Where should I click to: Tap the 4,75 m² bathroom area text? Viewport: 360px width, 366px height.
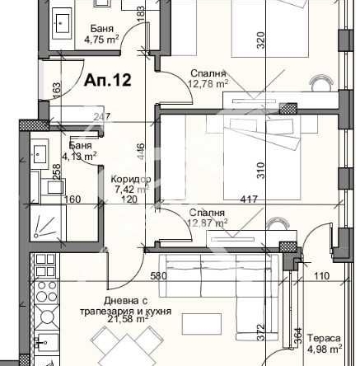[103, 38]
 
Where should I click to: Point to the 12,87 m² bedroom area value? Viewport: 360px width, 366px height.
[208, 222]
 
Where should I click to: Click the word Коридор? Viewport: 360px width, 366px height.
[131, 179]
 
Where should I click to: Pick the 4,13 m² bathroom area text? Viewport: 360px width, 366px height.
[80, 154]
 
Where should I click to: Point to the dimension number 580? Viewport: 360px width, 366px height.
[160, 276]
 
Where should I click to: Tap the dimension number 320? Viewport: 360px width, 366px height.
[261, 39]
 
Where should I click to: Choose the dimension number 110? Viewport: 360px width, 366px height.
[321, 276]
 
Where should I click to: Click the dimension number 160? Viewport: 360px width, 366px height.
[72, 199]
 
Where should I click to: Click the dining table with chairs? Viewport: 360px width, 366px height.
[116, 347]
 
